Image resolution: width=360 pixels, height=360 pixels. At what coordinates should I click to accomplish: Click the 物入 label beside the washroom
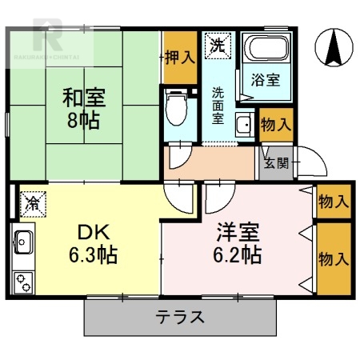(x=275, y=125)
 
